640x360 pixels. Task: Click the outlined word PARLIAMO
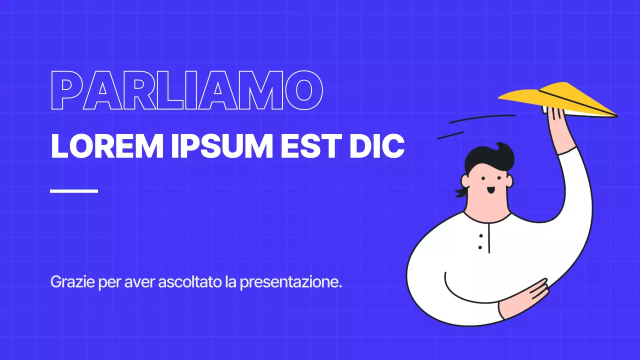[186, 90]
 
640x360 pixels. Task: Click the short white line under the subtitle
[74, 190]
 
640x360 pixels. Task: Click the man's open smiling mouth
[491, 190]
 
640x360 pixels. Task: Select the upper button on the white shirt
[480, 235]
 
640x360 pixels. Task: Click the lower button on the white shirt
[480, 247]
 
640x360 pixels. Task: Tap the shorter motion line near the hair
[450, 135]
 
